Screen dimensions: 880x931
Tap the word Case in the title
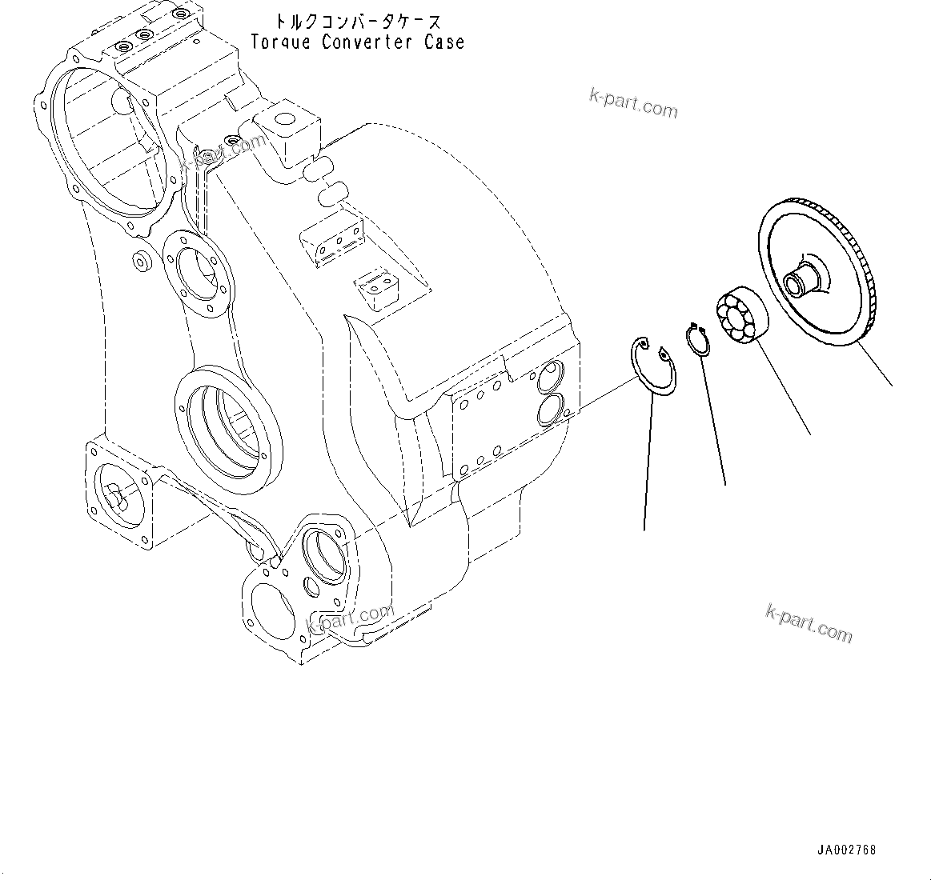(445, 42)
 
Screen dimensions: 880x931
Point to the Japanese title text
(357, 22)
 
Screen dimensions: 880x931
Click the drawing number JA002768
(847, 850)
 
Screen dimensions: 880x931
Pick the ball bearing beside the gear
(741, 318)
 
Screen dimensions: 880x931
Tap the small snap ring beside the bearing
(698, 339)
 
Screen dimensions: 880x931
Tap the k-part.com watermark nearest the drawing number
(809, 622)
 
